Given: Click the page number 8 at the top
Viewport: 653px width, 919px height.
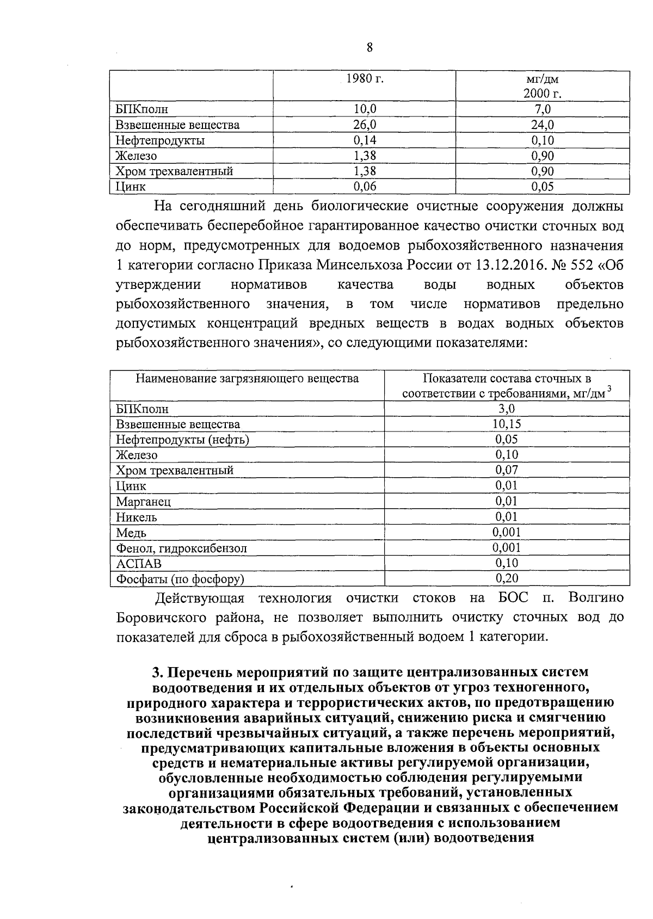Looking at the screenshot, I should [369, 47].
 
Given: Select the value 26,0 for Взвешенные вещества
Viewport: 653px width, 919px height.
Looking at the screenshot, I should [365, 125].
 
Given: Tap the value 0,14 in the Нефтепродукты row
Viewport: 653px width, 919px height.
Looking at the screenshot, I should [365, 140].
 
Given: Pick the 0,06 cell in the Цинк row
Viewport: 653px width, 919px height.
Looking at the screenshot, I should [365, 187].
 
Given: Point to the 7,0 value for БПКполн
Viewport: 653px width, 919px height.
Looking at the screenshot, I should [543, 109].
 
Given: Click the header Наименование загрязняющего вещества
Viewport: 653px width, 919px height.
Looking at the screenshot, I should [247, 379].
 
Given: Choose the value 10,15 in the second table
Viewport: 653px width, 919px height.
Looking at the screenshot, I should [507, 424].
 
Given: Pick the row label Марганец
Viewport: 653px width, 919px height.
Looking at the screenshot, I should [143, 502].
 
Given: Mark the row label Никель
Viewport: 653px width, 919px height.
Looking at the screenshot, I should [137, 517].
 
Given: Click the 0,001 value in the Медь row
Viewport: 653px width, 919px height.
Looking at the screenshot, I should [507, 532].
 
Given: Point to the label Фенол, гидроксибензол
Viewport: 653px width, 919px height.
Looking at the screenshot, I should [181, 548].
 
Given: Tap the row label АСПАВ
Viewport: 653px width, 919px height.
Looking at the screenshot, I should [139, 564].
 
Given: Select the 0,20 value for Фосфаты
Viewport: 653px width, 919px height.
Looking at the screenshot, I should [507, 578].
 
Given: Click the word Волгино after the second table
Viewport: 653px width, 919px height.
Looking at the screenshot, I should [595, 598].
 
